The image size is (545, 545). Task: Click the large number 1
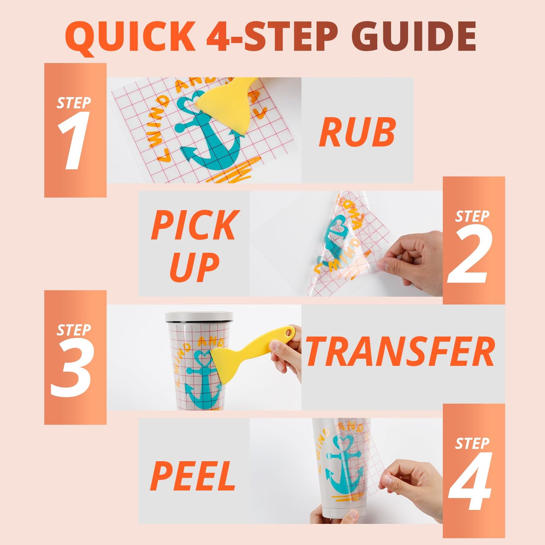click(x=74, y=141)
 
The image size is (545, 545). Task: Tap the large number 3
click(x=72, y=368)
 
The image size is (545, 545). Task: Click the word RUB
click(x=357, y=133)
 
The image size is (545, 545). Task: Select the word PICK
click(x=194, y=225)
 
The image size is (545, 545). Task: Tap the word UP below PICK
click(x=195, y=267)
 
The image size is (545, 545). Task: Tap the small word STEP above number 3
click(x=74, y=330)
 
